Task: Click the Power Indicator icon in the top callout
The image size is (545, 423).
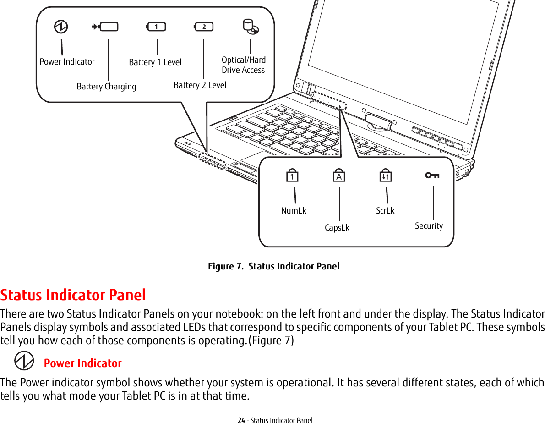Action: tap(60, 27)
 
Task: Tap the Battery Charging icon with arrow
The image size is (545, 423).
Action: tap(105, 27)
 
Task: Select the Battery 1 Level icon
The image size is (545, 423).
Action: tap(156, 27)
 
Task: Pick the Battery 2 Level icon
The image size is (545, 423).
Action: tap(204, 27)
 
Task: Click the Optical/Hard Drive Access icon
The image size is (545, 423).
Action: tap(251, 27)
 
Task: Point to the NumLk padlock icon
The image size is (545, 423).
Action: tap(292, 176)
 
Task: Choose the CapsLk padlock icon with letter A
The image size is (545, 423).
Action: tap(339, 176)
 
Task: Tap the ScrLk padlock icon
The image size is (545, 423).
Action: tap(385, 176)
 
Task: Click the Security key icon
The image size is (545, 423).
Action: tap(432, 175)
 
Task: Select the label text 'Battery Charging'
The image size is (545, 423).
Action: tap(106, 87)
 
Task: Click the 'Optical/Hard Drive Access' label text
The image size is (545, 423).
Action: tap(243, 65)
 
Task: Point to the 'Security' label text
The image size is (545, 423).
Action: tap(429, 226)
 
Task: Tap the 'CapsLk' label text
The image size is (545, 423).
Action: tap(337, 228)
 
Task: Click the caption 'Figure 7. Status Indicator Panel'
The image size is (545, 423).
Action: tap(273, 266)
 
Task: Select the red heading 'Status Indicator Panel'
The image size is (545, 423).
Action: tap(73, 295)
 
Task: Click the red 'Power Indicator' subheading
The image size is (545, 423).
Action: tap(83, 363)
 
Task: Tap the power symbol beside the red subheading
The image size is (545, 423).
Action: tap(24, 361)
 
